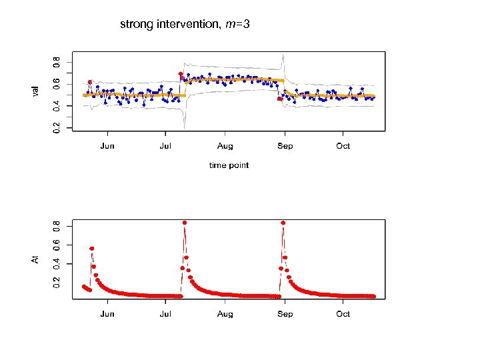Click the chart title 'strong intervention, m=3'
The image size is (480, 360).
185,25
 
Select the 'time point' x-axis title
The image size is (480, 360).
229,165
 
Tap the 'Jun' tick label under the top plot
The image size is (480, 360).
107,146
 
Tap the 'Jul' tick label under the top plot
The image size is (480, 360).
165,146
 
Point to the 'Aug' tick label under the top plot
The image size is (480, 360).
225,146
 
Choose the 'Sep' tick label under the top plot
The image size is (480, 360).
285,146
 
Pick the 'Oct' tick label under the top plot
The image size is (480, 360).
343,146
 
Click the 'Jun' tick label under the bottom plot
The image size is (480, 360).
107,314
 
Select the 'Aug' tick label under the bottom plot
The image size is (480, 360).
225,314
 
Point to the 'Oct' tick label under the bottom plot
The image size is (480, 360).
343,314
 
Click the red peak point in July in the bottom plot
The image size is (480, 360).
185,223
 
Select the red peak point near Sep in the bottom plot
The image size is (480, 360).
283,223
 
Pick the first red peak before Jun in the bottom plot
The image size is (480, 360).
91,249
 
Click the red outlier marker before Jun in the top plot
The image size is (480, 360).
90,82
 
